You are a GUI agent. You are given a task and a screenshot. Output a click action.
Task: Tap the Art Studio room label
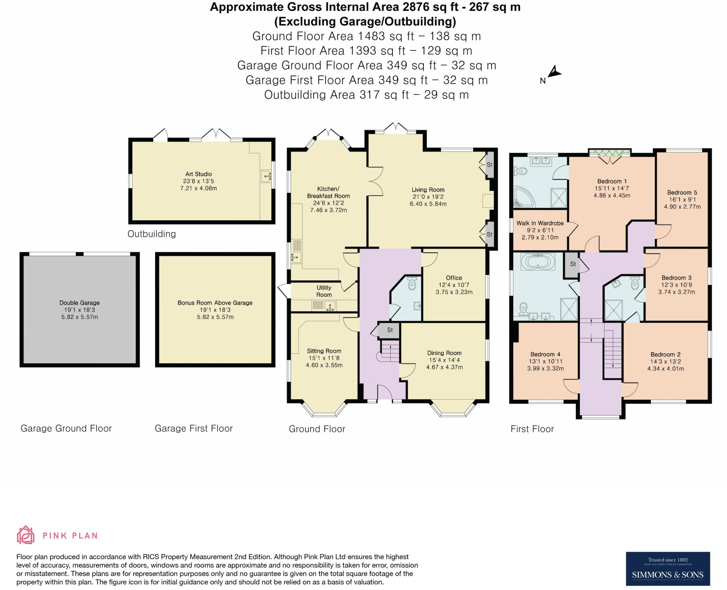pyautogui.click(x=198, y=174)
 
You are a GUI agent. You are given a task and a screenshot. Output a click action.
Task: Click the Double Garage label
pyautogui.click(x=80, y=303)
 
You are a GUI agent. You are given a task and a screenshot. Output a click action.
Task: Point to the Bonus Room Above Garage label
pyautogui.click(x=215, y=303)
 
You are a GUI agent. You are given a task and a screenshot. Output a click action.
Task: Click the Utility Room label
pyautogui.click(x=324, y=291)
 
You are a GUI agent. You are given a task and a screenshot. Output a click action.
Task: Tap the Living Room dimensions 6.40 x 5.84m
pyautogui.click(x=428, y=204)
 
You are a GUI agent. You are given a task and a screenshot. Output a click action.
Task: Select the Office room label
pyautogui.click(x=454, y=278)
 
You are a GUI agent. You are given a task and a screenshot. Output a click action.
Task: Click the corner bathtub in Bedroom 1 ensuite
pyautogui.click(x=524, y=198)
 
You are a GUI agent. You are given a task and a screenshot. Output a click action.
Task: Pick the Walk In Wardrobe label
pyautogui.click(x=540, y=223)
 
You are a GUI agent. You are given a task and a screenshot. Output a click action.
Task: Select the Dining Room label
pyautogui.click(x=444, y=353)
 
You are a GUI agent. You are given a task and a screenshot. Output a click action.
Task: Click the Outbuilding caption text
pyautogui.click(x=152, y=234)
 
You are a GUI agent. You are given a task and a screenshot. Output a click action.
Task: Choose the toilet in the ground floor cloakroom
pyautogui.click(x=412, y=283)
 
